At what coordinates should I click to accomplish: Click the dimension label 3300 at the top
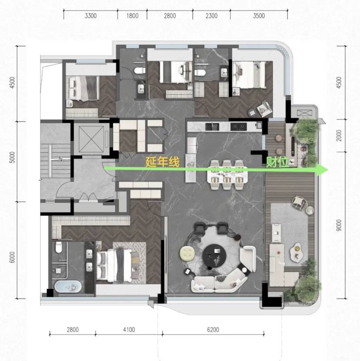(90, 16)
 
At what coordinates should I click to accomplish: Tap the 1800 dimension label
(132, 16)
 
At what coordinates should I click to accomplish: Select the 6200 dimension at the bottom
(213, 330)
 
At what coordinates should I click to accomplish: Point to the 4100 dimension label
(129, 330)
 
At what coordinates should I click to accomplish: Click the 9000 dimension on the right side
(339, 225)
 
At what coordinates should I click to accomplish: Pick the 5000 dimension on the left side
(13, 157)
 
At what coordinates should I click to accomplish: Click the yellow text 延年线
(163, 162)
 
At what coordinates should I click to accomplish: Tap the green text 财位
(277, 162)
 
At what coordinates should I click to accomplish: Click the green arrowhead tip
(328, 170)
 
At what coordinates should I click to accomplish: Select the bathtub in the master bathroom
(68, 286)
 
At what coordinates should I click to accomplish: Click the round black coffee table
(215, 255)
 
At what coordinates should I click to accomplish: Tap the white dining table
(227, 175)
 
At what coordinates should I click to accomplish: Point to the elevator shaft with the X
(91, 139)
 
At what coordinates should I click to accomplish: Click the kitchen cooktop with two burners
(239, 126)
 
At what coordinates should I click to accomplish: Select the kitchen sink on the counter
(212, 126)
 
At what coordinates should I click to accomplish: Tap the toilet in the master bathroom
(59, 247)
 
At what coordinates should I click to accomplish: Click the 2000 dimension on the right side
(339, 136)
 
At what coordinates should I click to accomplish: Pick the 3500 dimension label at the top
(259, 16)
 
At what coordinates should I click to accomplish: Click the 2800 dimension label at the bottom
(73, 330)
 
